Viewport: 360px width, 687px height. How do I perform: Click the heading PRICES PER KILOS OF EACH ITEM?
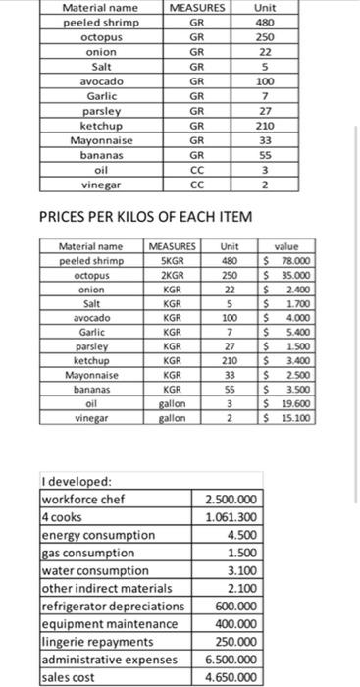point(145,216)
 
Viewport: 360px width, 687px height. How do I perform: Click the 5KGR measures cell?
point(172,261)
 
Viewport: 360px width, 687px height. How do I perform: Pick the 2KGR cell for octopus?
point(172,276)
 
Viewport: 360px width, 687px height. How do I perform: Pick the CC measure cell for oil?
point(196,169)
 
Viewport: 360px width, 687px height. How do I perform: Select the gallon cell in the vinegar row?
point(172,417)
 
